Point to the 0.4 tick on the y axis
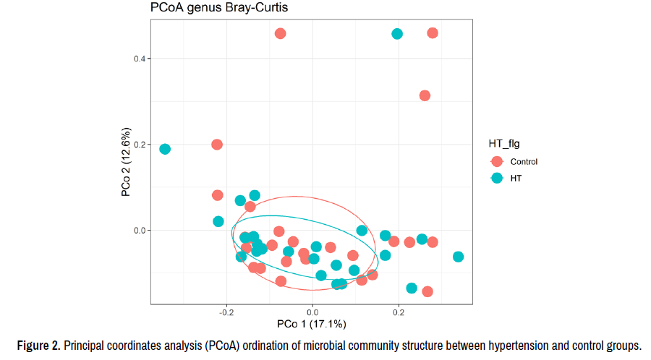click(137, 59)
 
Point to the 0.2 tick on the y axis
click(137, 145)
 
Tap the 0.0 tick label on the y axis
click(137, 231)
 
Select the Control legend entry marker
click(497, 162)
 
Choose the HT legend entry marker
click(497, 178)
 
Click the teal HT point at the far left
click(165, 149)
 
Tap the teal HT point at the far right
click(458, 257)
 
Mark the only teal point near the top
click(397, 34)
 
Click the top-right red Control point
click(433, 33)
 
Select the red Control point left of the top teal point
click(281, 33)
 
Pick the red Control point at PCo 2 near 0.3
click(425, 95)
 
